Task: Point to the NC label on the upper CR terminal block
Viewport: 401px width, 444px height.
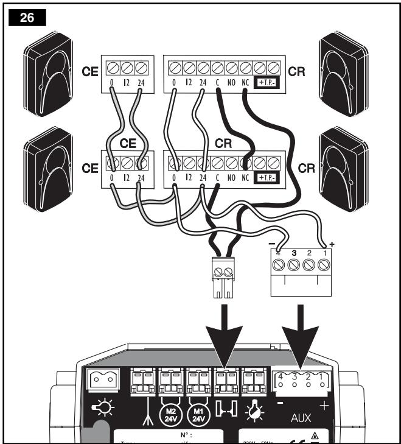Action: [245, 82]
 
